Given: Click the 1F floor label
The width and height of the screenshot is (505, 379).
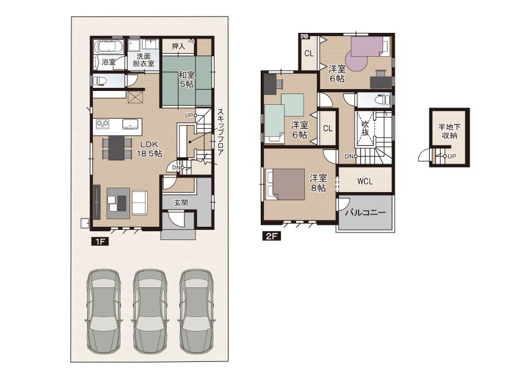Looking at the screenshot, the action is (x=100, y=241).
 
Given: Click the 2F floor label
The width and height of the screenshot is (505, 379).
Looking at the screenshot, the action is (x=272, y=236).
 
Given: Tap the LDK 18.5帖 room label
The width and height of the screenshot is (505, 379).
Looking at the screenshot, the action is (x=149, y=149).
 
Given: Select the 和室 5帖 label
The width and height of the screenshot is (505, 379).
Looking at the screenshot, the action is (x=187, y=80).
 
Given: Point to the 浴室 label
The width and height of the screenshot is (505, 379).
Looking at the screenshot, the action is (x=109, y=61).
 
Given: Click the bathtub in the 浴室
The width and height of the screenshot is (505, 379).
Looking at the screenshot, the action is (x=109, y=46).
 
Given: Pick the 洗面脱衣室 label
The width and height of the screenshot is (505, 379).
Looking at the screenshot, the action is (x=144, y=60).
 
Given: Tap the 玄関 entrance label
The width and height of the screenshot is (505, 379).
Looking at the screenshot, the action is (x=181, y=203).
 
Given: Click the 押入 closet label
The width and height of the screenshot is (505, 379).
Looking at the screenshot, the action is (x=178, y=46).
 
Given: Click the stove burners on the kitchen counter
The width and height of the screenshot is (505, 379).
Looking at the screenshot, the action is (x=103, y=124).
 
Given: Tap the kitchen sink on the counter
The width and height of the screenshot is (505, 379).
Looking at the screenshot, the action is (x=130, y=124).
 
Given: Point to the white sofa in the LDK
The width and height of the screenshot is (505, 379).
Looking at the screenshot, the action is (x=140, y=203).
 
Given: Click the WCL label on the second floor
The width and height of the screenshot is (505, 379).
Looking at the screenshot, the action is (x=365, y=181).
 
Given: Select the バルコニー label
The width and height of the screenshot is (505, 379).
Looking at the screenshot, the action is (x=365, y=213).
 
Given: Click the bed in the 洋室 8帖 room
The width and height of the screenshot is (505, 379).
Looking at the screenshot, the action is (x=285, y=184).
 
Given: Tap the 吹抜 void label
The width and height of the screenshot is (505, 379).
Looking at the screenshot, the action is (x=365, y=128).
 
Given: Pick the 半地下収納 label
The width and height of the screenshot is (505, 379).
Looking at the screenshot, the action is (x=449, y=131).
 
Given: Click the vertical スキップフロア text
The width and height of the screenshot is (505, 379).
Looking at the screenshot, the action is (x=220, y=132).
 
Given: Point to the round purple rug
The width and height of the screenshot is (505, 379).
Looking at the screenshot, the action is (x=357, y=61).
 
